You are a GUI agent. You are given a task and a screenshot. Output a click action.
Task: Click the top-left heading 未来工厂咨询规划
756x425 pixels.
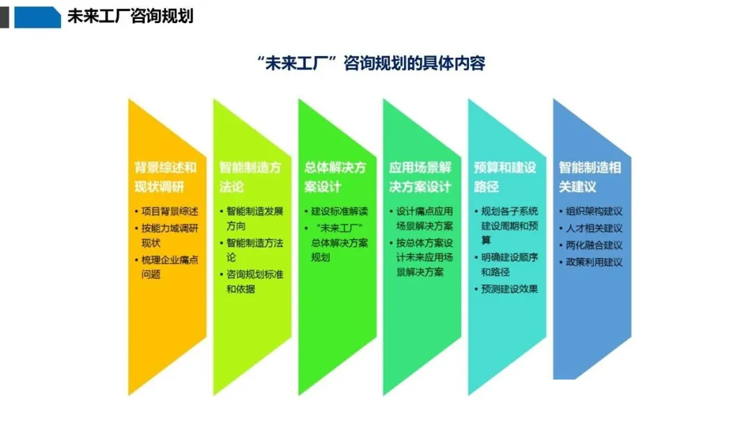(x=130, y=16)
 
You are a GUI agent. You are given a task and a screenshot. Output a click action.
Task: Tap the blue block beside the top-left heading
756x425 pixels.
(x=38, y=17)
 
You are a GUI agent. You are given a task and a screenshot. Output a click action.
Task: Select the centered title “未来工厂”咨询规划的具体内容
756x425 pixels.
(x=372, y=63)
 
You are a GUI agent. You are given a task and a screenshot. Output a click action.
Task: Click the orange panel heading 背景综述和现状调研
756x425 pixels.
(x=165, y=177)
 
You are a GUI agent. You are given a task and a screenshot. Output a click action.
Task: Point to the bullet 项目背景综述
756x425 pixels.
(x=169, y=211)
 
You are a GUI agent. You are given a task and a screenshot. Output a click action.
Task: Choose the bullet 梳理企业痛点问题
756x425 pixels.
(x=169, y=267)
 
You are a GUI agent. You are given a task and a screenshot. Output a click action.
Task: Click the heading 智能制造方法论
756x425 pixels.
(x=250, y=177)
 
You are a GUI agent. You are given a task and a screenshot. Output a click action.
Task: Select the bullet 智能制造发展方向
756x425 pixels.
(x=255, y=219)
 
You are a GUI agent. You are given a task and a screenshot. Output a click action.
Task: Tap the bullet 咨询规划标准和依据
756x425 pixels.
(x=255, y=282)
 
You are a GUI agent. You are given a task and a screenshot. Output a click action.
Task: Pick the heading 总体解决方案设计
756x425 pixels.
(x=335, y=177)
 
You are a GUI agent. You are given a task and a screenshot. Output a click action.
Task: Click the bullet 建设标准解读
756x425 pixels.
(x=339, y=211)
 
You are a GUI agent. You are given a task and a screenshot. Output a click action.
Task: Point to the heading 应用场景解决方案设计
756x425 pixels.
(x=420, y=177)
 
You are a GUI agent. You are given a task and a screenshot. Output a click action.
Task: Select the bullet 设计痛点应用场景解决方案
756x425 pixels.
(x=424, y=219)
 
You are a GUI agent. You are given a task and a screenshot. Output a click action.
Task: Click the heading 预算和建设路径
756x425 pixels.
(x=505, y=177)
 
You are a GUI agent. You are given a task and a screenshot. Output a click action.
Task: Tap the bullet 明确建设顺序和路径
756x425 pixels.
(x=509, y=265)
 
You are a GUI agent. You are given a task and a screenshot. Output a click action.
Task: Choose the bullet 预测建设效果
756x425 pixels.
(x=509, y=289)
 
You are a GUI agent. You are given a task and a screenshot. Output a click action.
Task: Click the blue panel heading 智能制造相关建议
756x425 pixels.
(x=589, y=177)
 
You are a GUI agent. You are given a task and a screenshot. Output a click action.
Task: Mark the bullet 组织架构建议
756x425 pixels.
(x=594, y=211)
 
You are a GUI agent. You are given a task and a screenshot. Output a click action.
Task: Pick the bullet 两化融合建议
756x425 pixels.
(x=594, y=245)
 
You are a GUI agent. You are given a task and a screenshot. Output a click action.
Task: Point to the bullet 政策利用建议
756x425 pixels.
(x=594, y=262)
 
